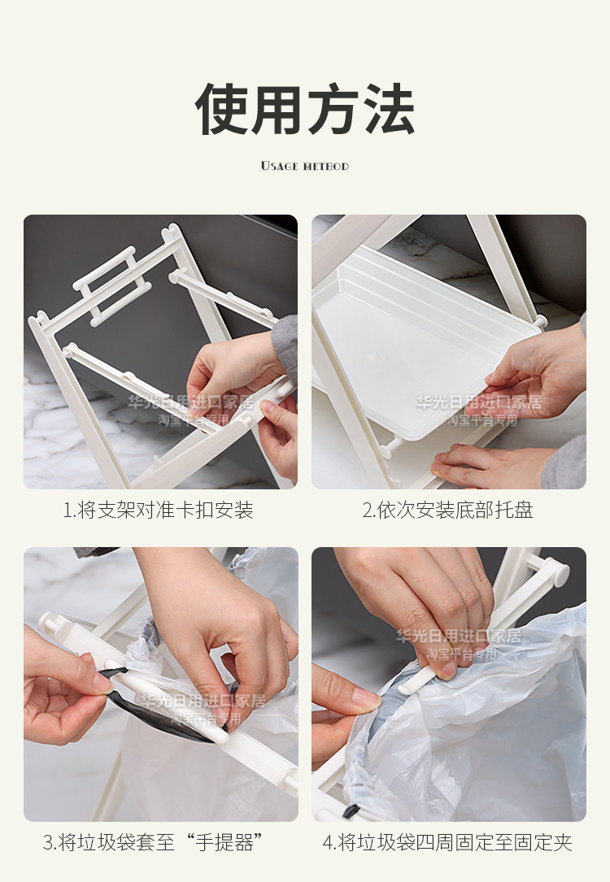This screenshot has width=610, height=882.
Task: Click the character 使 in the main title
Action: click(222, 109)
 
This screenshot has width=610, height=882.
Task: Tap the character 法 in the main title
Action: click(388, 109)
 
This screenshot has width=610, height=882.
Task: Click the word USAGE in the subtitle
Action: click(279, 166)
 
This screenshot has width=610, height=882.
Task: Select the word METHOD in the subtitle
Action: click(326, 167)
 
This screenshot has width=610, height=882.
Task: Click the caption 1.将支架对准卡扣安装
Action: click(158, 511)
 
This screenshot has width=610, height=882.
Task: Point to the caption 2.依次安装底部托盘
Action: click(448, 511)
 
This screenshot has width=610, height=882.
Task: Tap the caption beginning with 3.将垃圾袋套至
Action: click(153, 843)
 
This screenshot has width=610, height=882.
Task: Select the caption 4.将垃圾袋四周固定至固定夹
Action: click(448, 843)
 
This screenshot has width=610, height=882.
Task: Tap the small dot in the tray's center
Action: click(373, 357)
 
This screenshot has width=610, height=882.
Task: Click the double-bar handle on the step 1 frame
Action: click(112, 286)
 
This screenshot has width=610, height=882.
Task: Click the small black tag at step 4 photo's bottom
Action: click(351, 810)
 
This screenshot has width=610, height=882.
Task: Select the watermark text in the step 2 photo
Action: click(479, 410)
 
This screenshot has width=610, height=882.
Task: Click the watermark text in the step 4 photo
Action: click(460, 644)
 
